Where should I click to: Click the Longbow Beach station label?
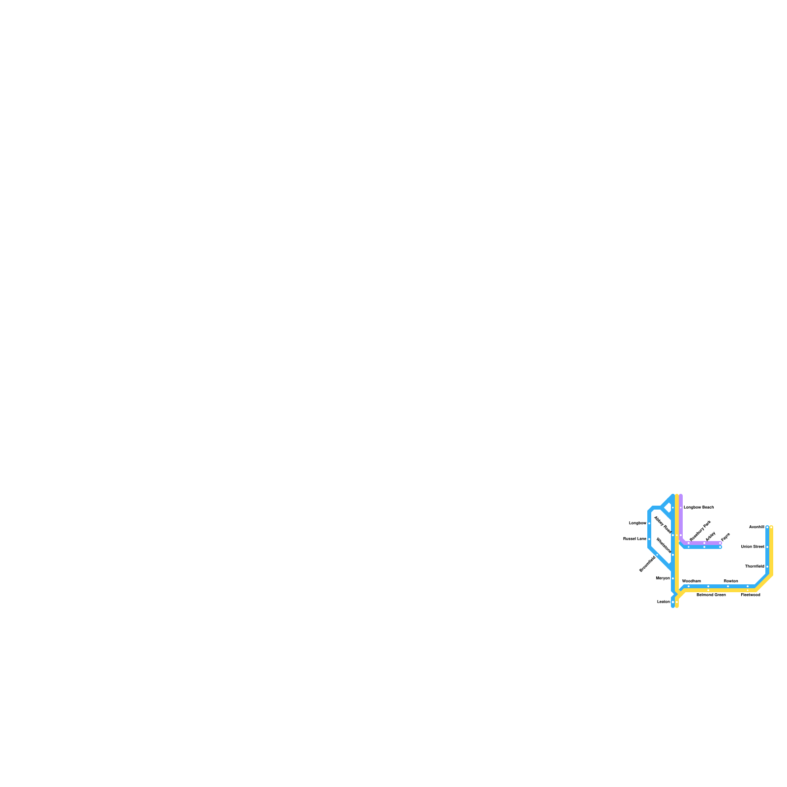pos(698,507)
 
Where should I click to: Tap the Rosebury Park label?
pos(700,531)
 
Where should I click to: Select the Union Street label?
pos(753,546)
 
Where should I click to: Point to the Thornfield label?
pos(755,566)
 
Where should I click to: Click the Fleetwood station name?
pos(751,595)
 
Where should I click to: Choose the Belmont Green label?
pos(711,595)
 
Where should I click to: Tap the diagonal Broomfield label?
pos(647,564)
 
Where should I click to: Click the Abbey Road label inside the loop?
pos(663,525)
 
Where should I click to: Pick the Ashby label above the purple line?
pos(710,536)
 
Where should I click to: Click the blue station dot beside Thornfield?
pos(767,567)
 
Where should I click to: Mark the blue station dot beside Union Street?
pos(767,547)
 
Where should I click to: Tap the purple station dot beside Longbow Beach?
pos(681,508)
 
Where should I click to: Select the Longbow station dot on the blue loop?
pos(649,523)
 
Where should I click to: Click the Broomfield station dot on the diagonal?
pos(657,555)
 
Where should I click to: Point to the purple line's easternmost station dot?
pos(720,543)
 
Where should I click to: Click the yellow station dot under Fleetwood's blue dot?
pos(748,590)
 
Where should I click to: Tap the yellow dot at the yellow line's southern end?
pos(677,602)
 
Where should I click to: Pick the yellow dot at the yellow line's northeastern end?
pos(771,527)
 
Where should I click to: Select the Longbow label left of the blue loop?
pos(637,523)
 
